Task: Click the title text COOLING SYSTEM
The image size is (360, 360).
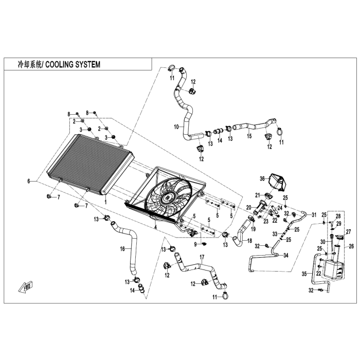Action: (73, 65)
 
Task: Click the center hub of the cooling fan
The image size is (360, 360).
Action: (167, 196)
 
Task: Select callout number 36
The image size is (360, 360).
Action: (262, 178)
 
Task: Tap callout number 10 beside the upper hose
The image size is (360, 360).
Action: (176, 126)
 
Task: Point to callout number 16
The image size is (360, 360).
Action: (122, 249)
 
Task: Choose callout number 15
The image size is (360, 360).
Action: (248, 136)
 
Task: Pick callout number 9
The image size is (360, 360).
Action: (196, 245)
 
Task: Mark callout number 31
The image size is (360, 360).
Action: (315, 215)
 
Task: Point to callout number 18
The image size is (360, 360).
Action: (249, 241)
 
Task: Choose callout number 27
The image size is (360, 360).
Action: (347, 231)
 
